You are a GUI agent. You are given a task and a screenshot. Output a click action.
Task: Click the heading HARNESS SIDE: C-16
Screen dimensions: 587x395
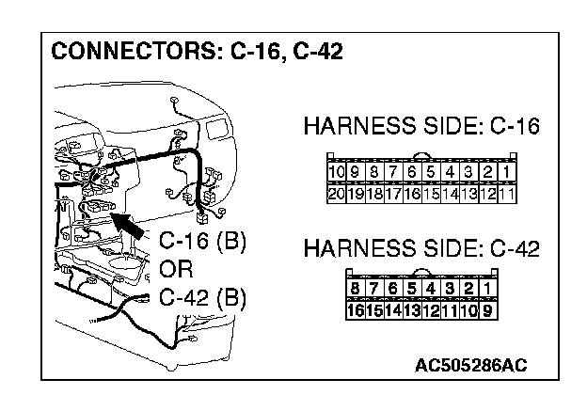(420, 127)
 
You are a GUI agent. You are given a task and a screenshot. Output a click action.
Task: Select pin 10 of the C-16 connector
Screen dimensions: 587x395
(336, 172)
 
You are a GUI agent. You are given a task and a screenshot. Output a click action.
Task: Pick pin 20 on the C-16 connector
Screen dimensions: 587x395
(336, 194)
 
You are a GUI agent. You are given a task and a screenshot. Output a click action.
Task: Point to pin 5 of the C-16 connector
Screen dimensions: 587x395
(430, 172)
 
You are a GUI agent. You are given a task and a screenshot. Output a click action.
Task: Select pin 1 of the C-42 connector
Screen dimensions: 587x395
(487, 288)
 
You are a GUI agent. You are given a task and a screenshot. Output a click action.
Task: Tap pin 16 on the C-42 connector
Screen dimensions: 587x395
(355, 308)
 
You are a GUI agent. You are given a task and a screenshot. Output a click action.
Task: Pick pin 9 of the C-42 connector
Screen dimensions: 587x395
(487, 308)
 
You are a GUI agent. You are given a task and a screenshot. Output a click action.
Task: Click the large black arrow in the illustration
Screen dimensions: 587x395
(130, 224)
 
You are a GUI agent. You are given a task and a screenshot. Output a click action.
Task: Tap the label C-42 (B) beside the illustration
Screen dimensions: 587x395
(202, 298)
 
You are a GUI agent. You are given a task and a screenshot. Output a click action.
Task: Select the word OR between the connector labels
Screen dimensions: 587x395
(176, 269)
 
